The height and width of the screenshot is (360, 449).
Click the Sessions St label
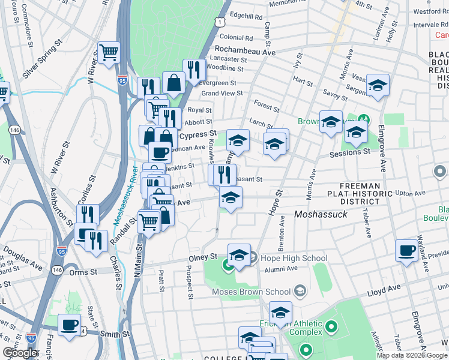[349, 152]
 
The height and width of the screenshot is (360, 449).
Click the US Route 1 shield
[221, 22]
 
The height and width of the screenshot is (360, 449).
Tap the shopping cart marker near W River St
[109, 53]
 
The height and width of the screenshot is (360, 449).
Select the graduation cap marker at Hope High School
[238, 254]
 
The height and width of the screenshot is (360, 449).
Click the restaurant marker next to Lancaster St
[193, 70]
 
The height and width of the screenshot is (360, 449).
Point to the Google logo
[20, 353]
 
